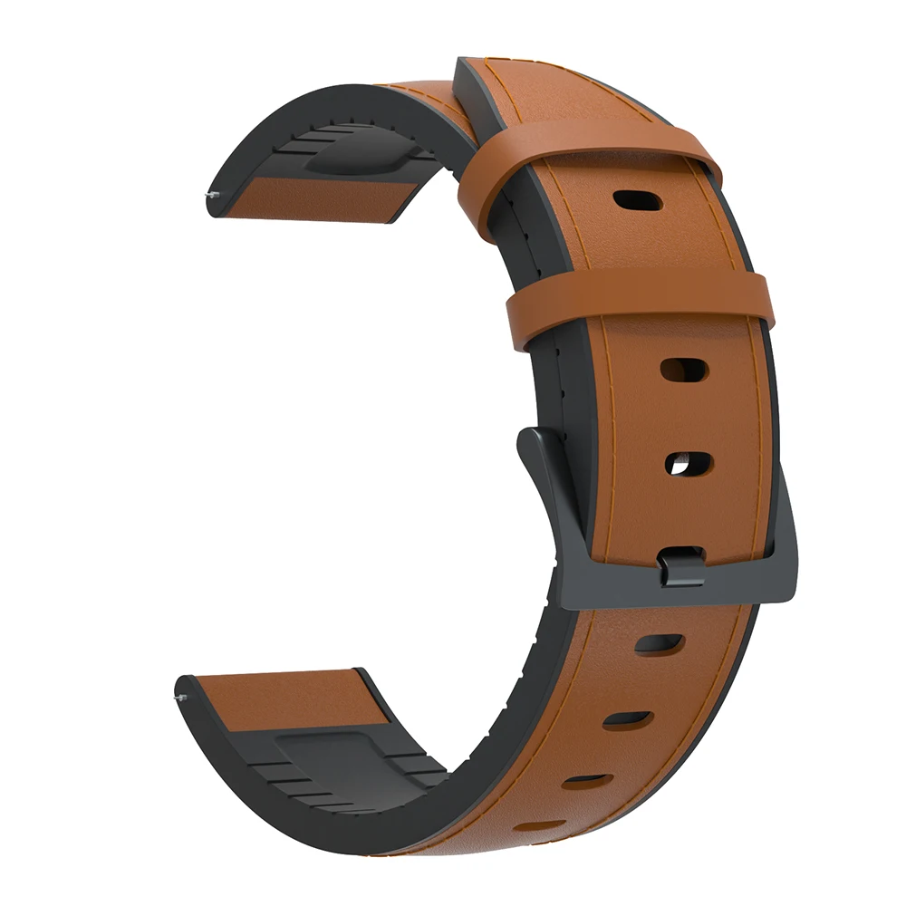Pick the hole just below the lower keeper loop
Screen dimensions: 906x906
click(x=684, y=369)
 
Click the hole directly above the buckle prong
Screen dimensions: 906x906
click(x=689, y=464)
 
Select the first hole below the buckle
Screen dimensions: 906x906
click(x=659, y=644)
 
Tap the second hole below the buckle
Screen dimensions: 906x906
click(x=628, y=720)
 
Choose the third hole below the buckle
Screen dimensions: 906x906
click(x=585, y=780)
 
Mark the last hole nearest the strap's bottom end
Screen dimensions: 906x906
click(x=541, y=825)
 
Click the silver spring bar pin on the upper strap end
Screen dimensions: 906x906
click(x=211, y=194)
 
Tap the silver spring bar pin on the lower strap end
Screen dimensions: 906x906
click(x=178, y=698)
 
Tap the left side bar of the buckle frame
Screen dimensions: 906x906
click(x=544, y=507)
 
